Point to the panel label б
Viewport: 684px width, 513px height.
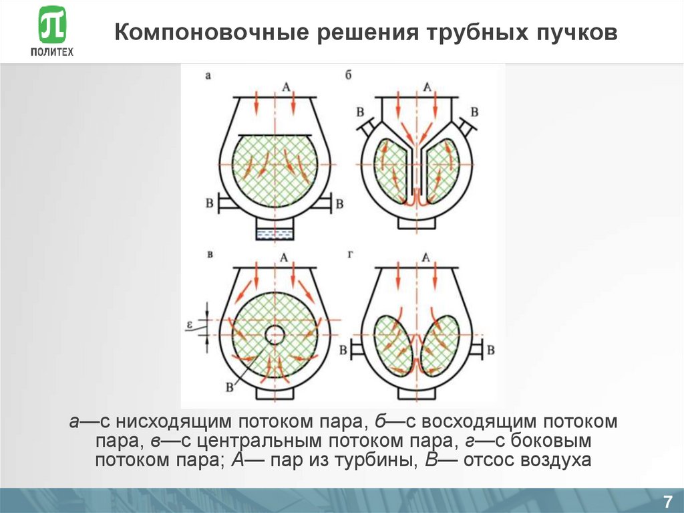348,76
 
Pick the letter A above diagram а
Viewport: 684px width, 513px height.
285,86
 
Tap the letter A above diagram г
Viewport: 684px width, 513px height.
426,258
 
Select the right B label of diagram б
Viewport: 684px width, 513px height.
475,111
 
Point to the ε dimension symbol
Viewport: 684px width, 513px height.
191,326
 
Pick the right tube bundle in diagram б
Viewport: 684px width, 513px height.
443,167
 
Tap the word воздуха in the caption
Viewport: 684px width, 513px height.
557,460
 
